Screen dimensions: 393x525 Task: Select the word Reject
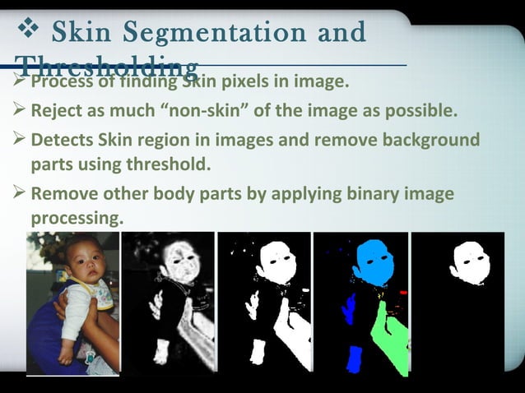click(58, 110)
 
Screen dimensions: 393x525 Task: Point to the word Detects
click(60, 138)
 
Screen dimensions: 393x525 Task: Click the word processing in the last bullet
click(77, 219)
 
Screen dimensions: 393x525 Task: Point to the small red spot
click(403, 292)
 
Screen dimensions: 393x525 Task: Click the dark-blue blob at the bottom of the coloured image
click(355, 358)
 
